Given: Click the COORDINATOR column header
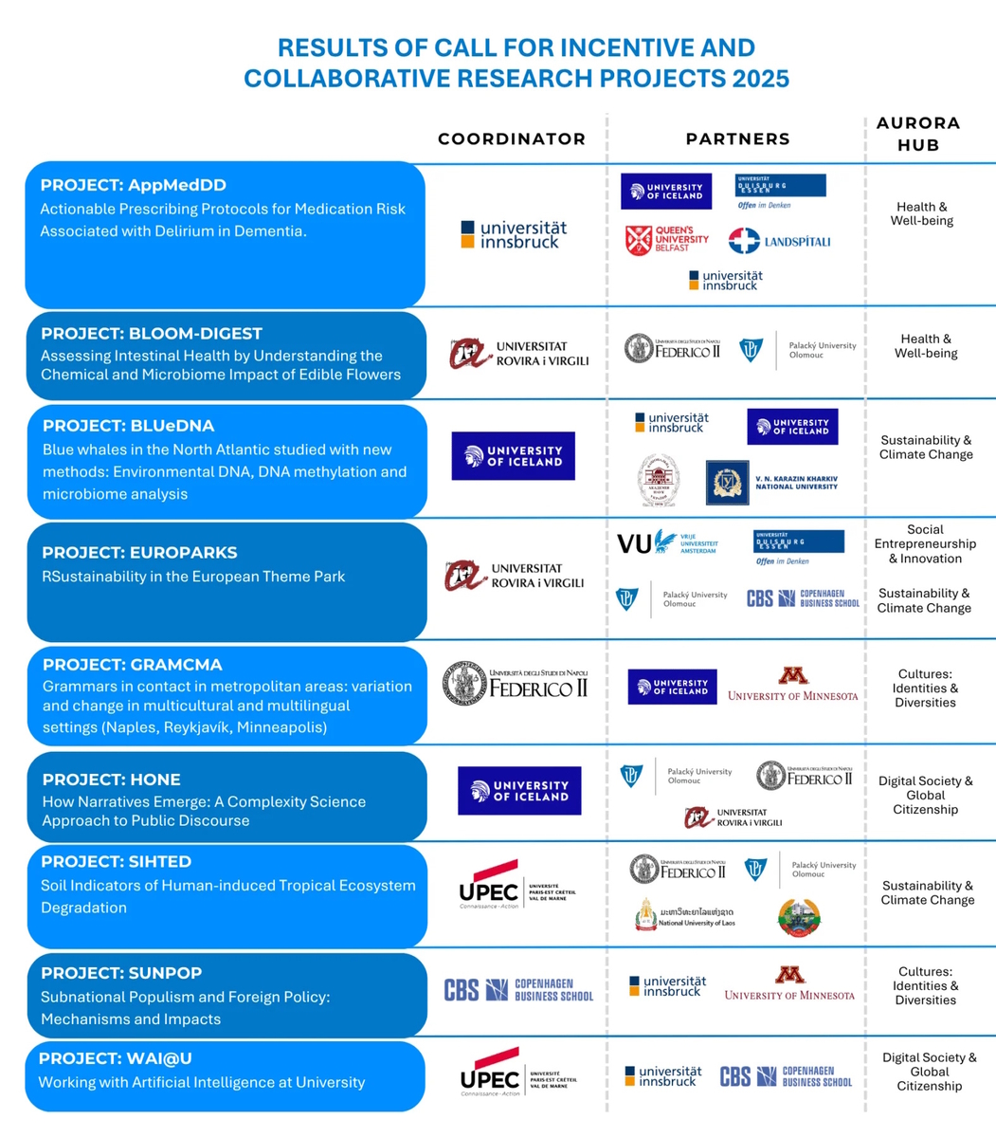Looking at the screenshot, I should (512, 139).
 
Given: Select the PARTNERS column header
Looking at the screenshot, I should (737, 139).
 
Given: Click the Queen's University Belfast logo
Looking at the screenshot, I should (667, 239).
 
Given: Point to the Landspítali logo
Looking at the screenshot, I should (779, 241).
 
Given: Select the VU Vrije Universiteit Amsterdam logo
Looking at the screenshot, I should (667, 543).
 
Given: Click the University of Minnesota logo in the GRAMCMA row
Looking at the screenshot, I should (792, 685).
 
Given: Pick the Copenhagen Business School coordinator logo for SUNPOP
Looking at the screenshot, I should (518, 990).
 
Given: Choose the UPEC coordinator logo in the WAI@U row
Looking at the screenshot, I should (517, 1073).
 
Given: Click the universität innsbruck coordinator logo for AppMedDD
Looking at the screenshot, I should (514, 234).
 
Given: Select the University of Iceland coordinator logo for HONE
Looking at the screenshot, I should (519, 791).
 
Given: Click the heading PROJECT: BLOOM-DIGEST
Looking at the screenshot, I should (152, 334).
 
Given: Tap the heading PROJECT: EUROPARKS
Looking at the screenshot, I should (139, 553).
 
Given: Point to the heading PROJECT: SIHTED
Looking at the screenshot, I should (116, 862).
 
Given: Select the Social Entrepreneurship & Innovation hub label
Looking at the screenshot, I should (925, 544).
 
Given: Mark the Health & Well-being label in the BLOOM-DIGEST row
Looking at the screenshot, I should (926, 346).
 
